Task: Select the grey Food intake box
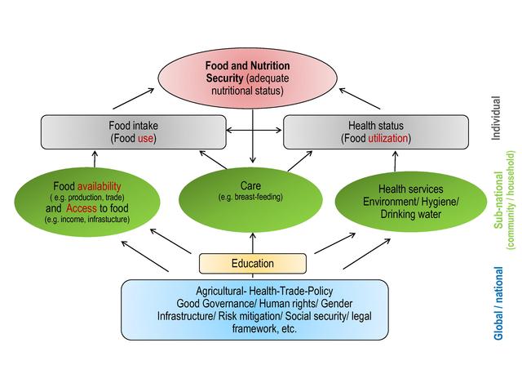point(133,131)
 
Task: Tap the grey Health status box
point(375,131)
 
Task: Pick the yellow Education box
point(253,264)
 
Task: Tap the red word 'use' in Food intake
point(145,139)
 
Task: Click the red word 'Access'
point(80,207)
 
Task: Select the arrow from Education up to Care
point(253,241)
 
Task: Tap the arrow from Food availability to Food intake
point(83,159)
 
